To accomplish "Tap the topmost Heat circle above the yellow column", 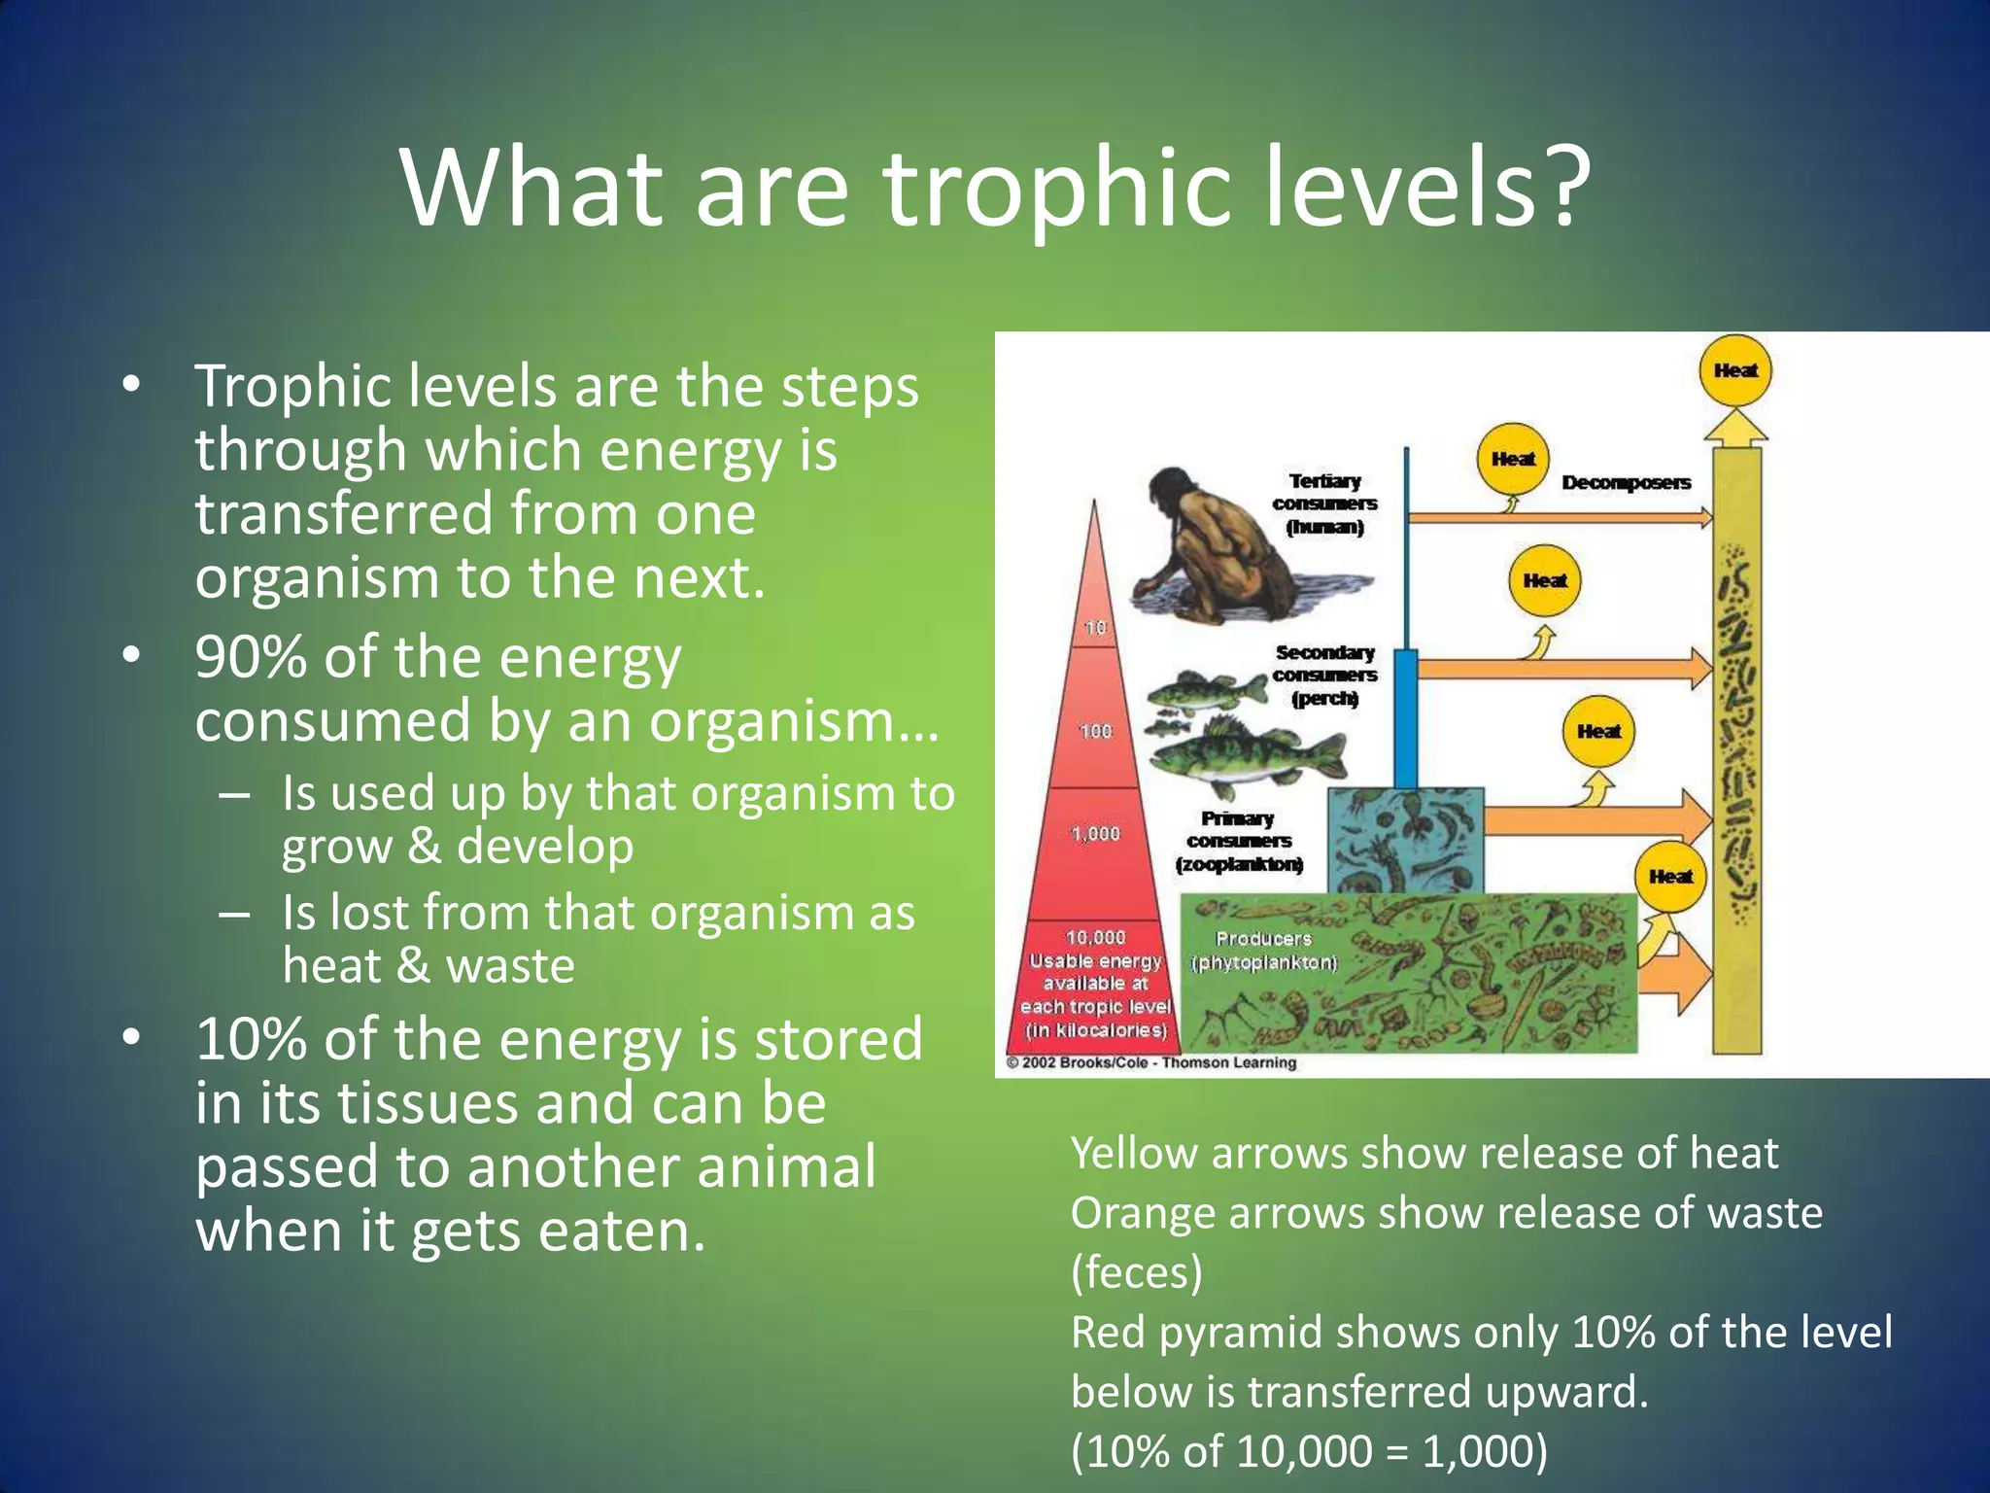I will tap(1735, 370).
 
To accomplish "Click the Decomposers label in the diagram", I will tap(1626, 482).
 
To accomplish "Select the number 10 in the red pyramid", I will tap(1095, 627).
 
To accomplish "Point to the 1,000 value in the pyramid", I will tap(1095, 833).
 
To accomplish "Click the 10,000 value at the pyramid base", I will tap(1095, 937).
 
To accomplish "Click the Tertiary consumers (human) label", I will tap(1324, 503).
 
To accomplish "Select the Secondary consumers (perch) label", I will tap(1324, 675).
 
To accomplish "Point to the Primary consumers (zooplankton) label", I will tap(1238, 841).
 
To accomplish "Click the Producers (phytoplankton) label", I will tap(1263, 951).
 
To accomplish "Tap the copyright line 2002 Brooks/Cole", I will tap(1151, 1062).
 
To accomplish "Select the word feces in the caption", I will tap(1136, 1272).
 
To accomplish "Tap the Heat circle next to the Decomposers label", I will tap(1513, 459).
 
